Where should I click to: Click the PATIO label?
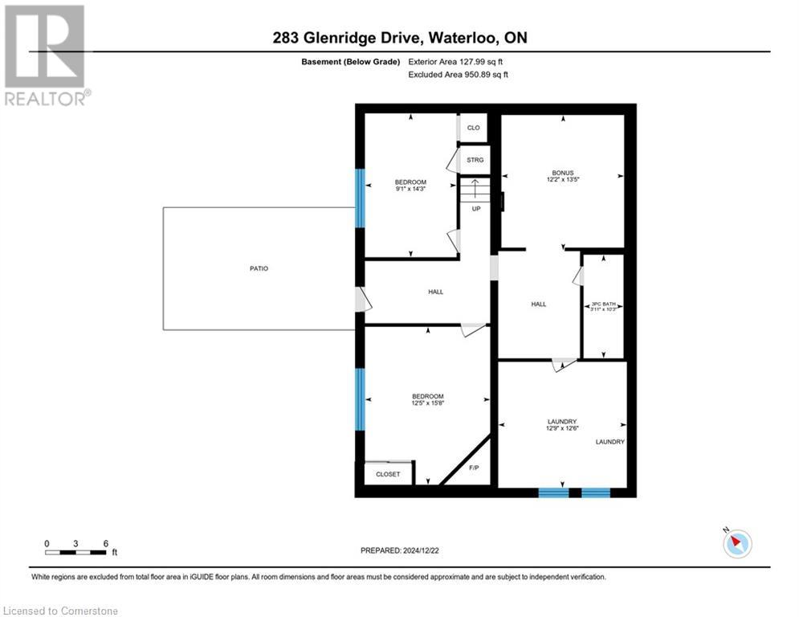(x=259, y=268)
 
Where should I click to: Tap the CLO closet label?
(x=474, y=128)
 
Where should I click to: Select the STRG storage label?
(x=475, y=161)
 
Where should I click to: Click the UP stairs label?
(x=475, y=209)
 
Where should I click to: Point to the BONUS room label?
(x=562, y=173)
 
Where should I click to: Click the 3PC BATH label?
(x=603, y=304)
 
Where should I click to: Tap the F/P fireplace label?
(x=473, y=468)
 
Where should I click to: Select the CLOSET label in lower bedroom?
(x=387, y=474)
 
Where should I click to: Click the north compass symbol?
(x=736, y=544)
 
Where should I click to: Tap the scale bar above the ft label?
(x=76, y=552)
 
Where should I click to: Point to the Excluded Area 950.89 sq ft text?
(x=458, y=75)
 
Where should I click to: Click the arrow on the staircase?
(x=475, y=190)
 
